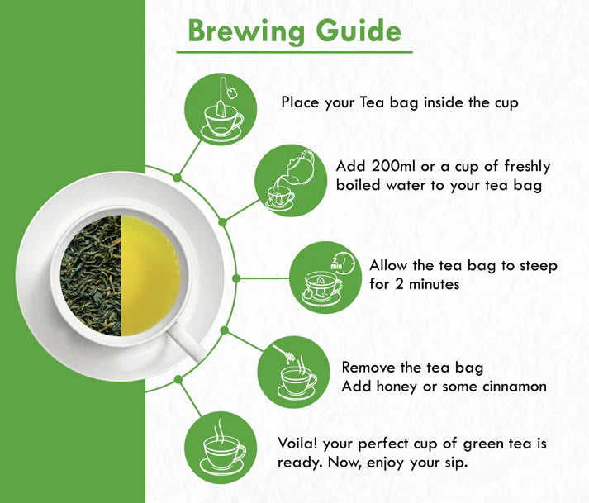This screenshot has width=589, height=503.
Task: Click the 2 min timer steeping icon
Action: [323, 276]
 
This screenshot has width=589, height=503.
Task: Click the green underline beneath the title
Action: [294, 53]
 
